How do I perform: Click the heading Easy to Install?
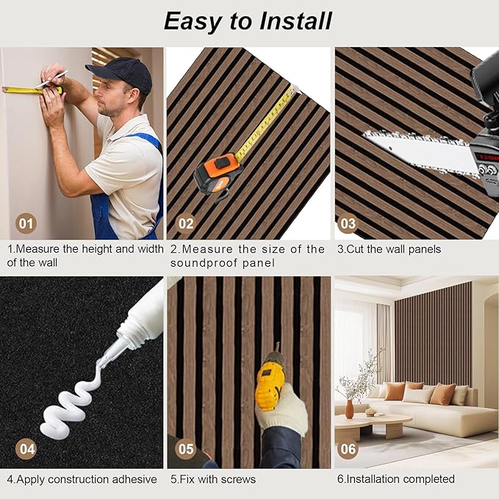pos(248,21)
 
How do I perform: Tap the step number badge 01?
pos(26,223)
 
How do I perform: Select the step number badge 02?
pos(186,223)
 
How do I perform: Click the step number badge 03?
pos(348,223)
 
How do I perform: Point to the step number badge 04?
pos(26,447)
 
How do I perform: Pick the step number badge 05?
pos(186,447)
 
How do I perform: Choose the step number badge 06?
pos(348,447)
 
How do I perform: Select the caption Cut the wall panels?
pos(389,249)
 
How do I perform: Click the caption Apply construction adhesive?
pos(82,479)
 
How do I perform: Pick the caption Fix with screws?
pos(213,479)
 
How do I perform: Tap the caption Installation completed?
pos(396,479)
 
